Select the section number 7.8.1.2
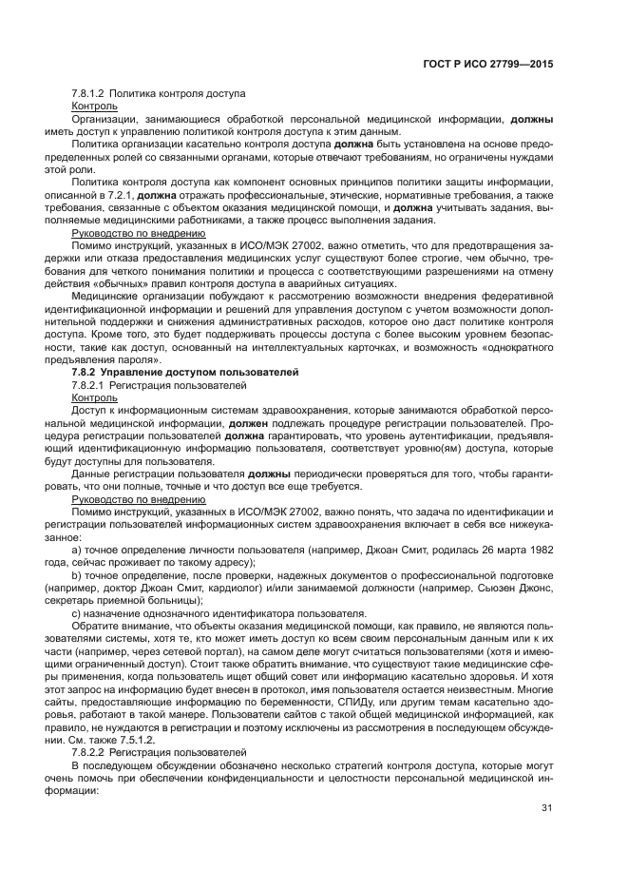(x=88, y=94)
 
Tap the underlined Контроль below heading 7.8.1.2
(x=95, y=106)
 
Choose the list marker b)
(x=78, y=575)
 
